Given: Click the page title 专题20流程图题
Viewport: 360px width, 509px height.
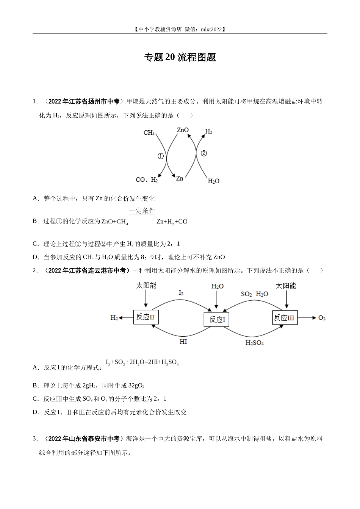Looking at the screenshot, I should click(180, 57).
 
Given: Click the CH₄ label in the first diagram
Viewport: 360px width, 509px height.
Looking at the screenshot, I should click(149, 133).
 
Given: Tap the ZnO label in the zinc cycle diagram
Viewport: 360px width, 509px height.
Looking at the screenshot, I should click(183, 130).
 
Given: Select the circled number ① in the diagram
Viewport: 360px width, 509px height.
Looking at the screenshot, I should click(160, 156).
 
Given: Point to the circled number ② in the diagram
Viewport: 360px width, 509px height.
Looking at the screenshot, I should click(203, 153).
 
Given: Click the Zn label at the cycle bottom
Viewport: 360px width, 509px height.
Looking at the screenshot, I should click(180, 178).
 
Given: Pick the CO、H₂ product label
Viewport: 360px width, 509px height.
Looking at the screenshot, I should click(147, 180).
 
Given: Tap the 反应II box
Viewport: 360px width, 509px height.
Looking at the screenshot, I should click(146, 317).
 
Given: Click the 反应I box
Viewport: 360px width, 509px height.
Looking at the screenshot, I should click(217, 320).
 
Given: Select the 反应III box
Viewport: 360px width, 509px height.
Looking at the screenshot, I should click(284, 317).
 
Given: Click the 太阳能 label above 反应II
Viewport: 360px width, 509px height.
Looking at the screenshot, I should click(146, 286).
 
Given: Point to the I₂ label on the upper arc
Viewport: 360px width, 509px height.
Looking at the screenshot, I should click(181, 293).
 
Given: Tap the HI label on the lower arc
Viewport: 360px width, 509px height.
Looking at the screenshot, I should click(183, 342).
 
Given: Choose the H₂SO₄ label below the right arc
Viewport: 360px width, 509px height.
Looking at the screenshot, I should click(255, 343).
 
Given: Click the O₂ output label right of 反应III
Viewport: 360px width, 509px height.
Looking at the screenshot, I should click(322, 318).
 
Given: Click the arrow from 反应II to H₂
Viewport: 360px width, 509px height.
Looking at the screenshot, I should click(126, 318).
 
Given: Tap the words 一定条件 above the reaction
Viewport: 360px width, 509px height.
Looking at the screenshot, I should click(142, 211).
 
